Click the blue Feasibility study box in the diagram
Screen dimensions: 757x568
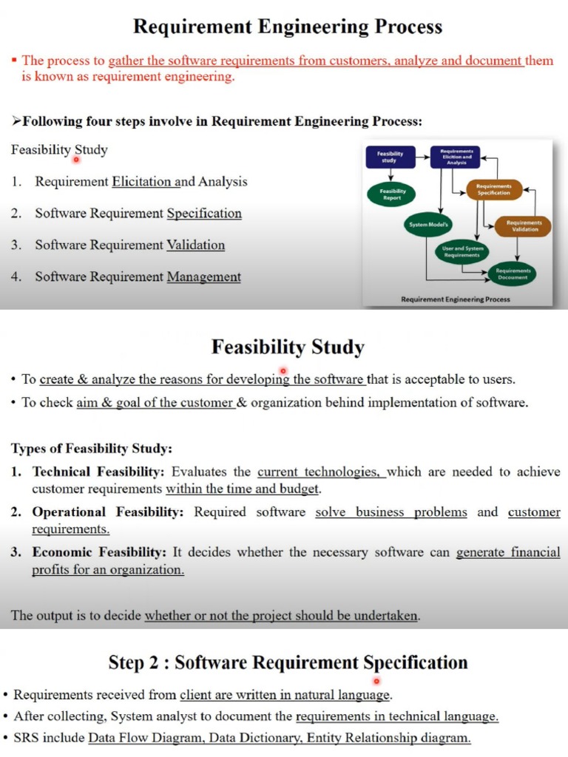[x=390, y=157]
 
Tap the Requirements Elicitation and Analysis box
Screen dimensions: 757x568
[x=456, y=157]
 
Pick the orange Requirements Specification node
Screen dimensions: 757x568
[x=493, y=190]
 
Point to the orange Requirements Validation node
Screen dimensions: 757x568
[x=524, y=225]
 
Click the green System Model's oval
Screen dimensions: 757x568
[x=429, y=223]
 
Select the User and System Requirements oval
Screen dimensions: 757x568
[x=462, y=251]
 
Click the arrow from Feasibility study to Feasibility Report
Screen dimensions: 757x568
[x=390, y=175]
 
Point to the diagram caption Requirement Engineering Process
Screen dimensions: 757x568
[x=455, y=299]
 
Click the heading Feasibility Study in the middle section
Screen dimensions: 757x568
[x=288, y=347]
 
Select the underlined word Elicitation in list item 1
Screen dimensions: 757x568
[x=141, y=182]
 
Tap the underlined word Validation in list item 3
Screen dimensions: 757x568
[x=195, y=245]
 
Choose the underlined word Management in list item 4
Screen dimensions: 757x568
[x=203, y=277]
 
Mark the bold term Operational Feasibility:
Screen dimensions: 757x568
[x=106, y=512]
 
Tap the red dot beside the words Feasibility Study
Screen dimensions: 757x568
[x=76, y=158]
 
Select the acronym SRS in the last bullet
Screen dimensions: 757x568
[x=27, y=738]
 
